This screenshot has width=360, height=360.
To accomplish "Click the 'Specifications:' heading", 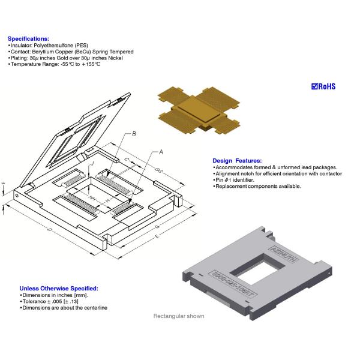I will (28, 38).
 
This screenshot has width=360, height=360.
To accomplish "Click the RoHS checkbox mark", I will (314, 86).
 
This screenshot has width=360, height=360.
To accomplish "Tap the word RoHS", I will (326, 86).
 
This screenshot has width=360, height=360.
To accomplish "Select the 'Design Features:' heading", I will (237, 161).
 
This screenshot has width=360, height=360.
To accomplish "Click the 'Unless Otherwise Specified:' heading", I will (59, 288).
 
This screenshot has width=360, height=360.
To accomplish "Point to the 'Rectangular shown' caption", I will (178, 316).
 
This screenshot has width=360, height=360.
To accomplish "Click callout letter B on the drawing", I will (134, 133).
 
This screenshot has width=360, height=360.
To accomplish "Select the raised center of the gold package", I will (197, 109).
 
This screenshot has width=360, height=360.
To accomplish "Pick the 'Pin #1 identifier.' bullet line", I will (235, 180).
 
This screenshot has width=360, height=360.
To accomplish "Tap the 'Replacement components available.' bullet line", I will (258, 187).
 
